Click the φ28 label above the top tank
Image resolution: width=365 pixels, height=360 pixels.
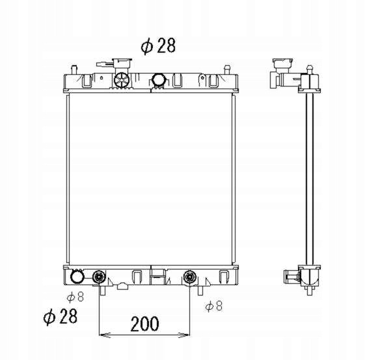point(158,46)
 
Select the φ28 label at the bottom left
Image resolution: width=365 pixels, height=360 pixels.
point(61,316)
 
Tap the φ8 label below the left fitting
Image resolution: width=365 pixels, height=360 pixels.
point(75,297)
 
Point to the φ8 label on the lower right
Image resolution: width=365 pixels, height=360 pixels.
point(213,306)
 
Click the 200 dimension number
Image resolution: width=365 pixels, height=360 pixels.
point(145,324)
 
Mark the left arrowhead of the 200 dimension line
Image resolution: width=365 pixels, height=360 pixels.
point(105,335)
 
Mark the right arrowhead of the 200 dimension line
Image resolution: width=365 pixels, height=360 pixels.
point(184,335)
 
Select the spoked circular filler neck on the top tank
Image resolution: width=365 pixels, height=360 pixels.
point(122,80)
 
